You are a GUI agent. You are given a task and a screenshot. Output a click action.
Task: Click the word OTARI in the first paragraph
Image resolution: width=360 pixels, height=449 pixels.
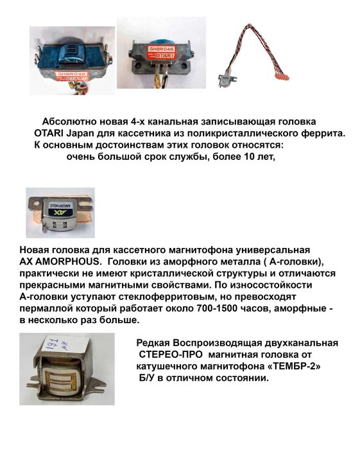pos(49,133)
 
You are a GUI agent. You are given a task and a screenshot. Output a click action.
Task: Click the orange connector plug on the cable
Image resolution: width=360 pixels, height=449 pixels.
pos(280,76)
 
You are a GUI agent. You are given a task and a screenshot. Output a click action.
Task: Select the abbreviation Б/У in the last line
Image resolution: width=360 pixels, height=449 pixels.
pos(147,378)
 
